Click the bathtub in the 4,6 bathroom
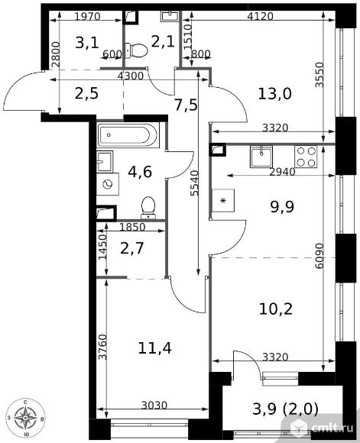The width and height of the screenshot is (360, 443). (128, 134)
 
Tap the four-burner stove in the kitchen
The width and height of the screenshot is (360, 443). (306, 157)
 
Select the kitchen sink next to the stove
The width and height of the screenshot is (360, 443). (261, 157)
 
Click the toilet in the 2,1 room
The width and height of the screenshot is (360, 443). (136, 51)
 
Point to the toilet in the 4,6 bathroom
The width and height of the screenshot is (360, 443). (148, 208)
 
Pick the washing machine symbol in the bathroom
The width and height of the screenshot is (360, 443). (108, 184)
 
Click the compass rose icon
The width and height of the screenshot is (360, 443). (25, 417)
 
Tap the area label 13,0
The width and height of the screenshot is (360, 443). (274, 94)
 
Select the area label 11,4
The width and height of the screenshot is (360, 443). (154, 348)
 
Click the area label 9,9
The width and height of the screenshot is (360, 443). (282, 206)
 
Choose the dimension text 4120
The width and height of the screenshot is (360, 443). (260, 17)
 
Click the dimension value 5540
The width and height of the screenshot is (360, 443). (195, 183)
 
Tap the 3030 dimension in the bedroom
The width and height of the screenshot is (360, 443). (154, 406)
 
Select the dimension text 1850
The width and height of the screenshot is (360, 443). (132, 227)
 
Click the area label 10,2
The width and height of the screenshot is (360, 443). (276, 309)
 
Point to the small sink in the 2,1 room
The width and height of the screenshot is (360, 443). (170, 16)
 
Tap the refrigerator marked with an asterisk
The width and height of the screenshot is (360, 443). (223, 201)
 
